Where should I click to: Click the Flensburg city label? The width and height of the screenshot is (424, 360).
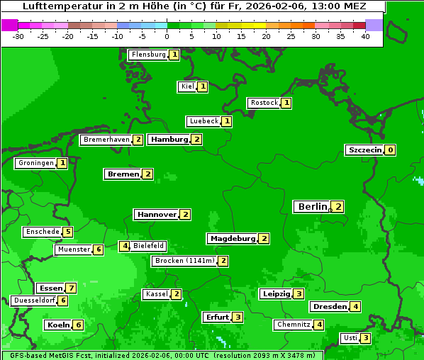point(148,55)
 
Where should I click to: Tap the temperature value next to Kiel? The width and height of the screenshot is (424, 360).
point(203,86)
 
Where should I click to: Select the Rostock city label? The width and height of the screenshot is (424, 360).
point(264,103)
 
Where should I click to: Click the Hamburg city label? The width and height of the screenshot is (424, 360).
point(169,139)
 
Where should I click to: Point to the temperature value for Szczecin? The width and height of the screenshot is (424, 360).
point(390,150)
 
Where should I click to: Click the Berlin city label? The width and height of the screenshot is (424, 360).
point(312,206)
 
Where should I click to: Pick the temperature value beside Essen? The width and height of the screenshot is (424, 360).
point(70,288)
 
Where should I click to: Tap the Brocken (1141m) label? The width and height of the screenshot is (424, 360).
point(184,261)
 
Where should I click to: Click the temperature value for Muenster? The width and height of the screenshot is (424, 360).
point(99,249)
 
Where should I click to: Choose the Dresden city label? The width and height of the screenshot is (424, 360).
point(329,307)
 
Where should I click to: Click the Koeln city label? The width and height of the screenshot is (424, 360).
point(57,325)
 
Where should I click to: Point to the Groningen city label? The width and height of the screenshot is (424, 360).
point(36,163)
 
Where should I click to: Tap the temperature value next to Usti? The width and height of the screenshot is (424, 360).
point(365,338)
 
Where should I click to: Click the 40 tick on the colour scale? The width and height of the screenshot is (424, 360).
point(365,36)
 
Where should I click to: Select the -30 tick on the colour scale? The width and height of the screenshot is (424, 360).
point(18,36)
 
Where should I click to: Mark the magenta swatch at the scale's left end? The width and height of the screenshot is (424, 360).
point(9,25)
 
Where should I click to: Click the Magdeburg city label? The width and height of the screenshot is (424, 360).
point(233,238)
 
